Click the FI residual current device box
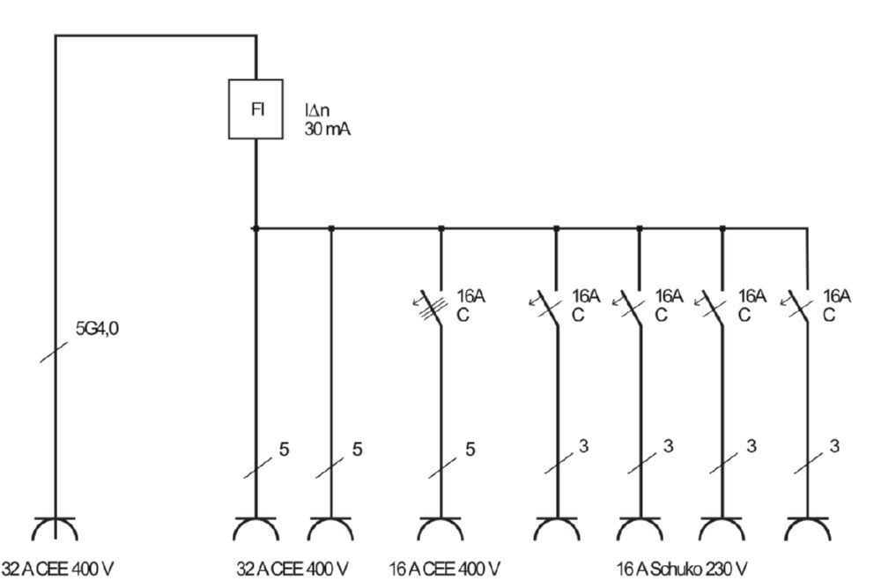(256, 109)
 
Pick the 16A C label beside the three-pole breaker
(470, 306)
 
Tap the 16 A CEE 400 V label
(446, 568)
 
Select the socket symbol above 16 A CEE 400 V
(440, 531)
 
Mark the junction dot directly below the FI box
(255, 228)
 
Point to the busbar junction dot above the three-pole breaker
(441, 228)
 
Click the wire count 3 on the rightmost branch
(834, 446)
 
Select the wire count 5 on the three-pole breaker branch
(470, 450)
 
